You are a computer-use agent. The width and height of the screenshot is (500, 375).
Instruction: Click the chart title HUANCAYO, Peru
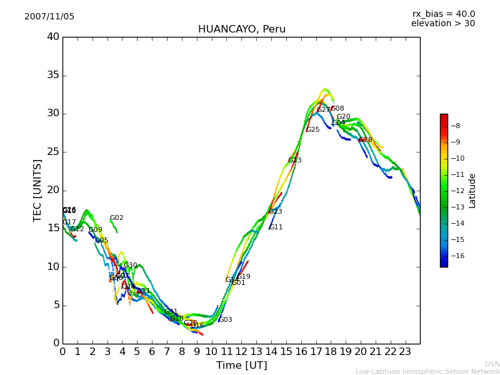coord(241,29)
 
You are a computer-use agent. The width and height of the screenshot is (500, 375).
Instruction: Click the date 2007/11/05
coord(49,17)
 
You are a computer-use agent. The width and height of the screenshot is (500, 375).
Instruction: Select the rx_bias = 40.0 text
coord(443,14)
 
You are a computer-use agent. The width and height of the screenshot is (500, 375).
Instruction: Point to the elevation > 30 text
coord(442,24)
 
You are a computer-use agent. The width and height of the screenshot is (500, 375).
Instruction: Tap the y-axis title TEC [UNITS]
coord(38,190)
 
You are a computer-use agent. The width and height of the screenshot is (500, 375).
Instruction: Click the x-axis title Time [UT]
coord(241,365)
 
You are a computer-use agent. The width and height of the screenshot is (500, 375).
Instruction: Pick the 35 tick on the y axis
coord(53,76)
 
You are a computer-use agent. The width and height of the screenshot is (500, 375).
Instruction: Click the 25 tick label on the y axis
coord(53,152)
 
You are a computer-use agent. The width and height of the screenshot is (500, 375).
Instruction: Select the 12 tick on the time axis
coord(241,351)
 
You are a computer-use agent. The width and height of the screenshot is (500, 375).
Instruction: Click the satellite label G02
coord(117,218)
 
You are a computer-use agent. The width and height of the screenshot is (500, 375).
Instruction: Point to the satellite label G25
coord(312,130)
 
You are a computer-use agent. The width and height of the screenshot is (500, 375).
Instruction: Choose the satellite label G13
coord(295,161)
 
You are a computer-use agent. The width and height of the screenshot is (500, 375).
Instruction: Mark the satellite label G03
coord(225,320)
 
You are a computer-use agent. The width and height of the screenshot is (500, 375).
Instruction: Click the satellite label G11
coord(276,227)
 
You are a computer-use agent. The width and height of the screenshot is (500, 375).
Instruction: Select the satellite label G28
coord(366,140)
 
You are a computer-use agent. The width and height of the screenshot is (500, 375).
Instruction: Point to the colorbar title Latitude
coord(472,191)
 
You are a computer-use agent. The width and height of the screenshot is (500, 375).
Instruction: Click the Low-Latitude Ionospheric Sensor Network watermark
coord(427,371)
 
